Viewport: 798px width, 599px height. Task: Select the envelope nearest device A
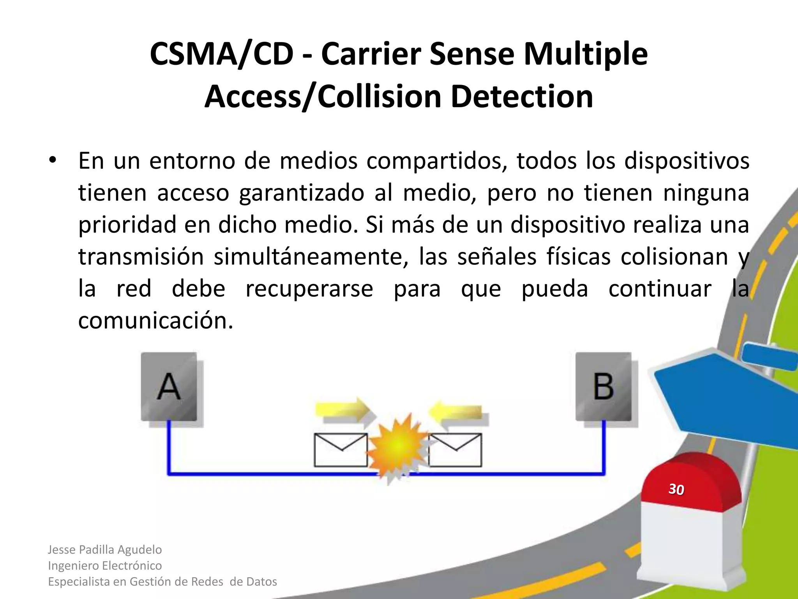[341, 450]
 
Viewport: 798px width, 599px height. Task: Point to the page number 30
[676, 489]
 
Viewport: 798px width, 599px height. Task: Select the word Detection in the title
[522, 96]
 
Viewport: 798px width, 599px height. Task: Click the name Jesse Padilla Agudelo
[105, 549]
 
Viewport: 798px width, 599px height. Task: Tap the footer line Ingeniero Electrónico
[105, 565]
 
